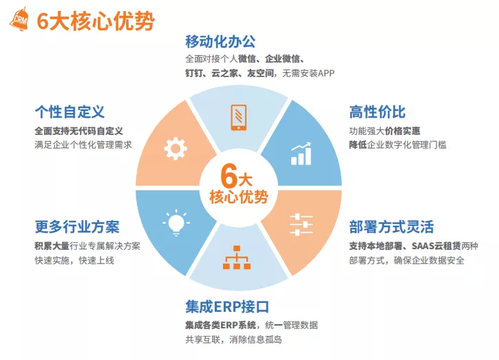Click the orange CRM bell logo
tap(19, 19)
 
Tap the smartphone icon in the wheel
tap(238, 118)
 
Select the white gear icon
tap(176, 148)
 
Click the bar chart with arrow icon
tap(301, 153)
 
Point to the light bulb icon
tap(176, 222)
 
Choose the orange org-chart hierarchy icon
tap(237, 257)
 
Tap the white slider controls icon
tap(301, 224)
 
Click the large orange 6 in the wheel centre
tap(229, 176)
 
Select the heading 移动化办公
tap(220, 42)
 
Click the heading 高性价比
tap(377, 112)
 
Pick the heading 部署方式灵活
tap(392, 227)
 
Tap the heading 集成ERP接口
tap(227, 306)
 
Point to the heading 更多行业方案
tap(77, 227)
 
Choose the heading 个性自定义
tap(70, 112)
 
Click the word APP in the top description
tap(326, 74)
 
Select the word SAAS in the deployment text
tap(421, 246)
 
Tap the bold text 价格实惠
tap(402, 131)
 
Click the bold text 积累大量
tap(52, 246)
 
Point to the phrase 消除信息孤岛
tap(255, 339)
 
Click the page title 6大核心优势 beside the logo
tap(96, 21)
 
